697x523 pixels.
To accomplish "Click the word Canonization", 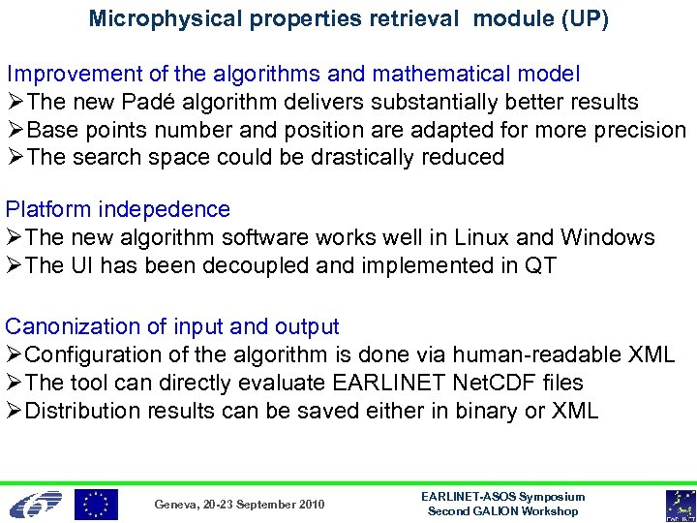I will click(x=72, y=326).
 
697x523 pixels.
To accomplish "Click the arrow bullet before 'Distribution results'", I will click(x=15, y=411).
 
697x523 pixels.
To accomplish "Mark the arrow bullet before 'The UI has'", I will click(x=15, y=265).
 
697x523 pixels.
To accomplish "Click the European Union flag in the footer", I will click(x=96, y=504).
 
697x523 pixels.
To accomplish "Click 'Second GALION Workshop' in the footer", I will click(x=502, y=510).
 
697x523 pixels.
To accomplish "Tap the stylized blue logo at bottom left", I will click(x=36, y=504).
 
